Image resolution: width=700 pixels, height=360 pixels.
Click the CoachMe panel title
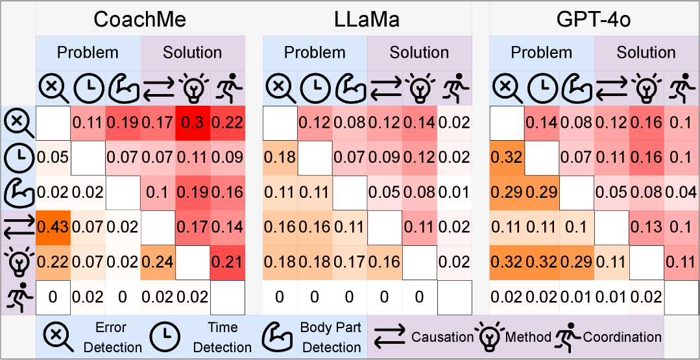(139, 19)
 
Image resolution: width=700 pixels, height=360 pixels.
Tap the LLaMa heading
(367, 19)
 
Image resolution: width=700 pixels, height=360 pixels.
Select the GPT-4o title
(594, 19)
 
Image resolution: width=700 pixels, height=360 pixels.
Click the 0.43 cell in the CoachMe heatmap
(53, 227)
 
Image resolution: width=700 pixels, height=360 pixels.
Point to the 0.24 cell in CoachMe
(158, 262)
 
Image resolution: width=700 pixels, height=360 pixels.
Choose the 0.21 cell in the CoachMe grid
(228, 262)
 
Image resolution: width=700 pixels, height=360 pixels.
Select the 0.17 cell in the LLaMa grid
(350, 262)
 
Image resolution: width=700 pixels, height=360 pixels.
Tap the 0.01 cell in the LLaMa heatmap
(454, 191)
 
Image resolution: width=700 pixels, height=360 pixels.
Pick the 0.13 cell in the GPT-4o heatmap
(646, 227)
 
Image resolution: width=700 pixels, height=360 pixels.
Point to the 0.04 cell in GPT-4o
(681, 191)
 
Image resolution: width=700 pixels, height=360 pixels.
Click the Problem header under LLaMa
(315, 53)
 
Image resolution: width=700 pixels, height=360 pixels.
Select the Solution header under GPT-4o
(646, 53)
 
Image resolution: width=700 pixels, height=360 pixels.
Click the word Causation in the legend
(442, 337)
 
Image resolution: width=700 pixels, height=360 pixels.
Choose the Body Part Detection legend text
(331, 337)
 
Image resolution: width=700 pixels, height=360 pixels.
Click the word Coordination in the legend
(622, 337)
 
